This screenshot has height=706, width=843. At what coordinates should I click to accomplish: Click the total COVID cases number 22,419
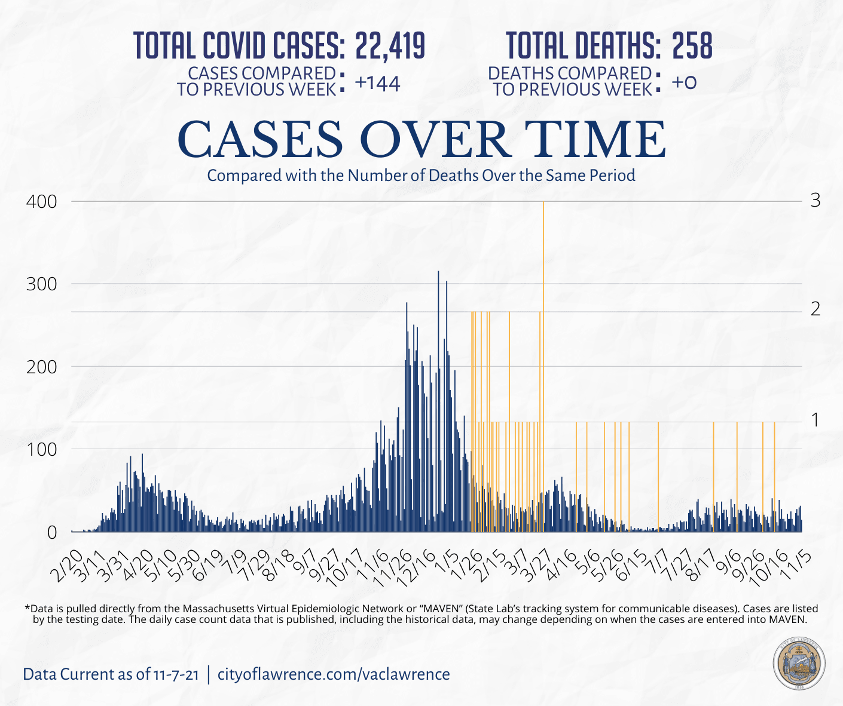click(390, 45)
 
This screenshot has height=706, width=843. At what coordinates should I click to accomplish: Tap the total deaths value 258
click(692, 45)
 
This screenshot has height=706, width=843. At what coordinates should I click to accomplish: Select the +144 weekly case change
click(377, 84)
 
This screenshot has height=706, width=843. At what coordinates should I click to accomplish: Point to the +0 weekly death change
click(684, 82)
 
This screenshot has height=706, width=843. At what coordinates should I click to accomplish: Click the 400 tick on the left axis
click(41, 202)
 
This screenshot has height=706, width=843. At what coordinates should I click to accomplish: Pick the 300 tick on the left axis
click(41, 284)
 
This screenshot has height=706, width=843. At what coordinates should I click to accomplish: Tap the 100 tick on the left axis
click(41, 450)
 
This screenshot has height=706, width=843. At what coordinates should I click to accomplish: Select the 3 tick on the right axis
click(815, 201)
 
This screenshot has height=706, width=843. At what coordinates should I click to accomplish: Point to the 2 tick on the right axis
click(815, 309)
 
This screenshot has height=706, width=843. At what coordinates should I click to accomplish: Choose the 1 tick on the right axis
click(815, 420)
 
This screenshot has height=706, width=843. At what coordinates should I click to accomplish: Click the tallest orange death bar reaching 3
click(543, 299)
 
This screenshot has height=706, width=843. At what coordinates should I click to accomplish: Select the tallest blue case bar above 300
click(438, 358)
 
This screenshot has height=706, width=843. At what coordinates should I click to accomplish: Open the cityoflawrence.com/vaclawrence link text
click(334, 674)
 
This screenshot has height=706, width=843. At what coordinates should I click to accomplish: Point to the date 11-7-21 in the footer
click(175, 675)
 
